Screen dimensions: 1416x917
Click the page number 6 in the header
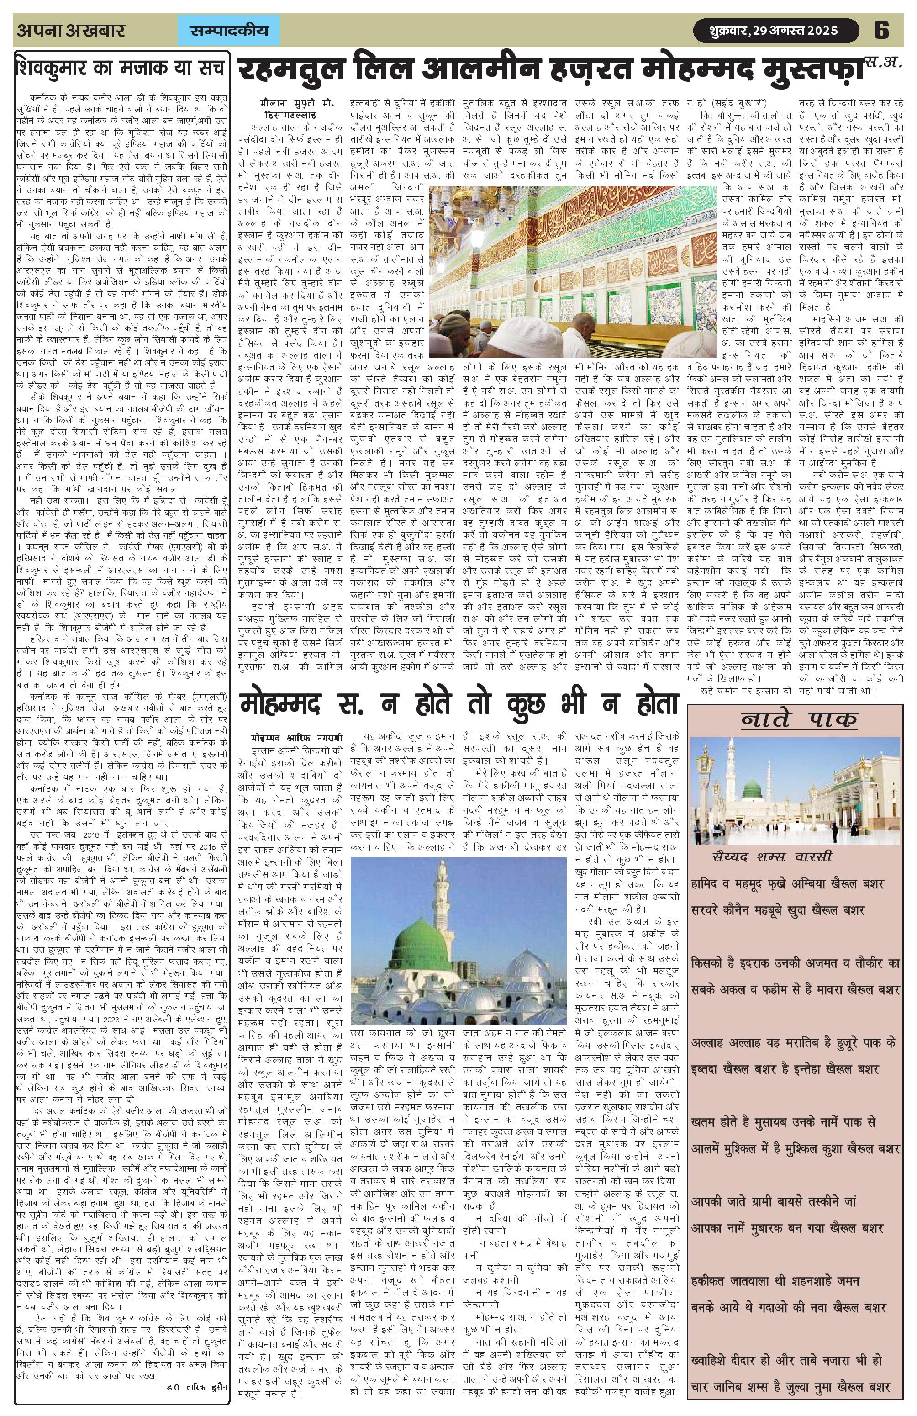click(x=881, y=30)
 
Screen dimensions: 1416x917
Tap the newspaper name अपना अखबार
click(x=71, y=30)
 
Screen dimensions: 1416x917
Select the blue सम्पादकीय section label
click(x=229, y=30)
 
